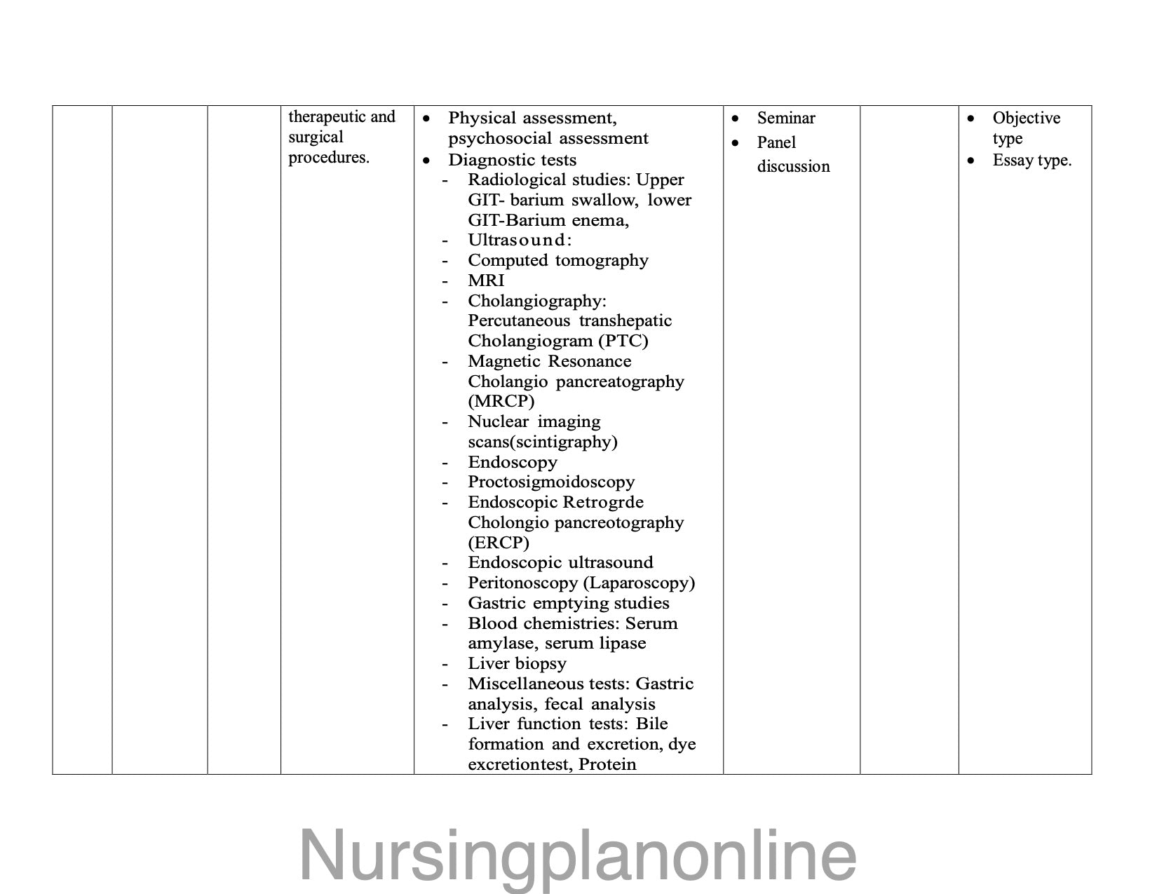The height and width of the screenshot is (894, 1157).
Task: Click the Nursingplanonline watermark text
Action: coord(578,855)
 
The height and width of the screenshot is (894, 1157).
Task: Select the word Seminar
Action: coord(785,118)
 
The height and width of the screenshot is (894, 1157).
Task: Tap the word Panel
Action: coord(776,143)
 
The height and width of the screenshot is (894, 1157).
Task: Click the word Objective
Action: coord(1026,118)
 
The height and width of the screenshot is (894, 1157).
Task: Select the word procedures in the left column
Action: coord(328,157)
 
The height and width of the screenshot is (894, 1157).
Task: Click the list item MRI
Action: coord(486,280)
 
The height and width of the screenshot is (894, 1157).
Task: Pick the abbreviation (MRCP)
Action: coord(501,401)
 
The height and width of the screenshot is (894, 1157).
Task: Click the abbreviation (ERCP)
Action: coord(499,543)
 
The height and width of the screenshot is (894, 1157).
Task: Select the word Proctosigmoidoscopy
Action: coord(551,482)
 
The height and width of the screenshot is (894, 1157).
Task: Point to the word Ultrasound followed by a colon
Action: coord(519,241)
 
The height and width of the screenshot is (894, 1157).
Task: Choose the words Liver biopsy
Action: coord(517,663)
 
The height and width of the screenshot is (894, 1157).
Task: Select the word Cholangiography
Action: coord(536,301)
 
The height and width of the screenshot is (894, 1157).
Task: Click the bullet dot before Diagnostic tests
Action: coord(426,161)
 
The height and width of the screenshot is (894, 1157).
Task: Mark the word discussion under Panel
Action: coord(793,167)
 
